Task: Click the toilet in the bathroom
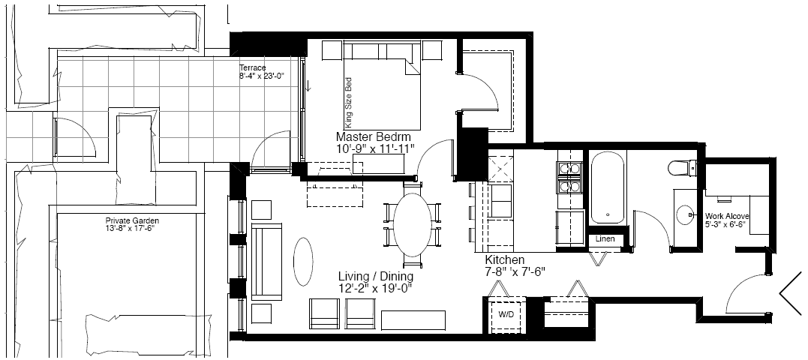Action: coord(682,168)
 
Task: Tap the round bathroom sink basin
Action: coord(685,214)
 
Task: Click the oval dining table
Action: coord(413,224)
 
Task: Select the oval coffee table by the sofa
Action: coord(303,261)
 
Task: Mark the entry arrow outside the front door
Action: coord(792,293)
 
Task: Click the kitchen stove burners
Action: coord(569,178)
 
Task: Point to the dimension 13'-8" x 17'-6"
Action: coord(130,227)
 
